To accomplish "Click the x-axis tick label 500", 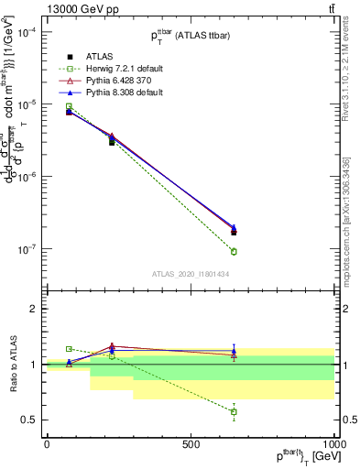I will pos(191,443).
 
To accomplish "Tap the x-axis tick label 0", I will pos(47,443).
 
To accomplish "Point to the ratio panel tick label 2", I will pos(33,309).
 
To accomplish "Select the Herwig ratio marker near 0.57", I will pos(234,412).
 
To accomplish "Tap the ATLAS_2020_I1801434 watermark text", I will pos(191,274).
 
